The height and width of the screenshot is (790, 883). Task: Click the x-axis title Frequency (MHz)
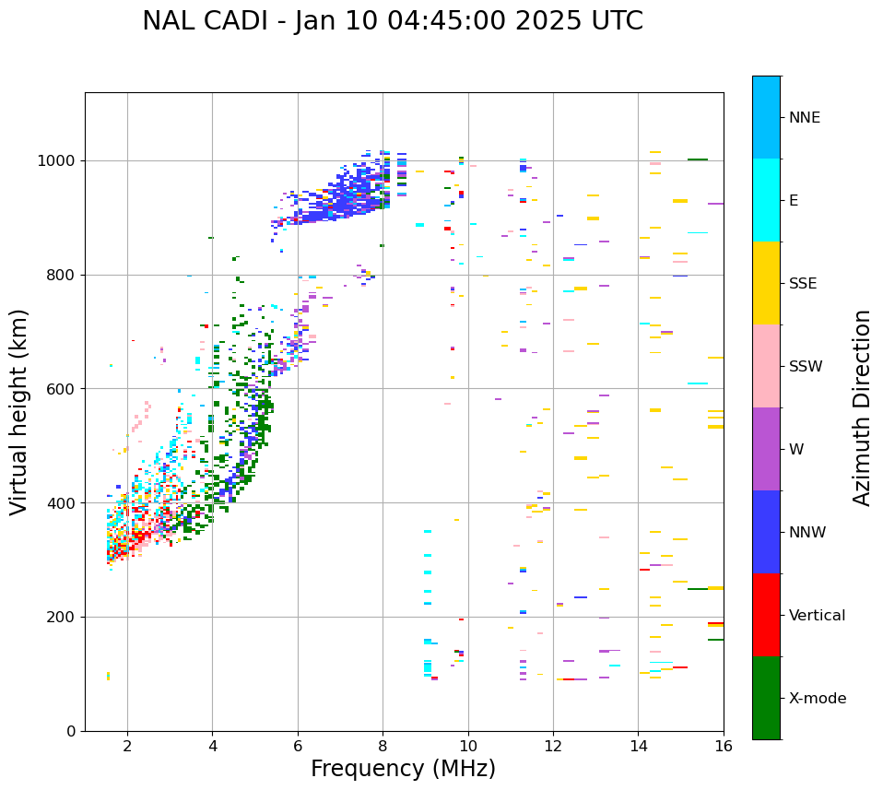pyautogui.click(x=403, y=769)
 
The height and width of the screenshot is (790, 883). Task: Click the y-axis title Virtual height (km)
pyautogui.click(x=19, y=412)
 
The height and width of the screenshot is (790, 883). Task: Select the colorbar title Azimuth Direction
pyautogui.click(x=862, y=407)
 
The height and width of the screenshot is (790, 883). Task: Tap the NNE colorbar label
pyautogui.click(x=804, y=118)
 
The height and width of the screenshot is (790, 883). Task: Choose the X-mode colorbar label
pyautogui.click(x=817, y=699)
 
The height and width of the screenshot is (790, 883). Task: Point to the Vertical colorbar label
pyautogui.click(x=817, y=616)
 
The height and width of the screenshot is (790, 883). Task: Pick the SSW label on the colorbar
pyautogui.click(x=806, y=367)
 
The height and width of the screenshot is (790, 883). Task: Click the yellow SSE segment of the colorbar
pyautogui.click(x=766, y=283)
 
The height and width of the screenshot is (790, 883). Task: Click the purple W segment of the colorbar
pyautogui.click(x=766, y=449)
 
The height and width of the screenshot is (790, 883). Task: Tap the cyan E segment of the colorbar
pyautogui.click(x=766, y=200)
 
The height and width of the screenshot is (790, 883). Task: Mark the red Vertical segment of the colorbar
pyautogui.click(x=766, y=615)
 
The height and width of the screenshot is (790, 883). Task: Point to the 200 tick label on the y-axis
pyautogui.click(x=62, y=618)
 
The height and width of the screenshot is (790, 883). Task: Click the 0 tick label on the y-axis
pyautogui.click(x=72, y=731)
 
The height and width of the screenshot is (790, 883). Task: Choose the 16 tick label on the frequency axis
pyautogui.click(x=724, y=746)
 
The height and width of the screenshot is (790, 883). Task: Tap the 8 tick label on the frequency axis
pyautogui.click(x=383, y=746)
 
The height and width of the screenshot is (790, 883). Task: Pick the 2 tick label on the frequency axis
pyautogui.click(x=127, y=746)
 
